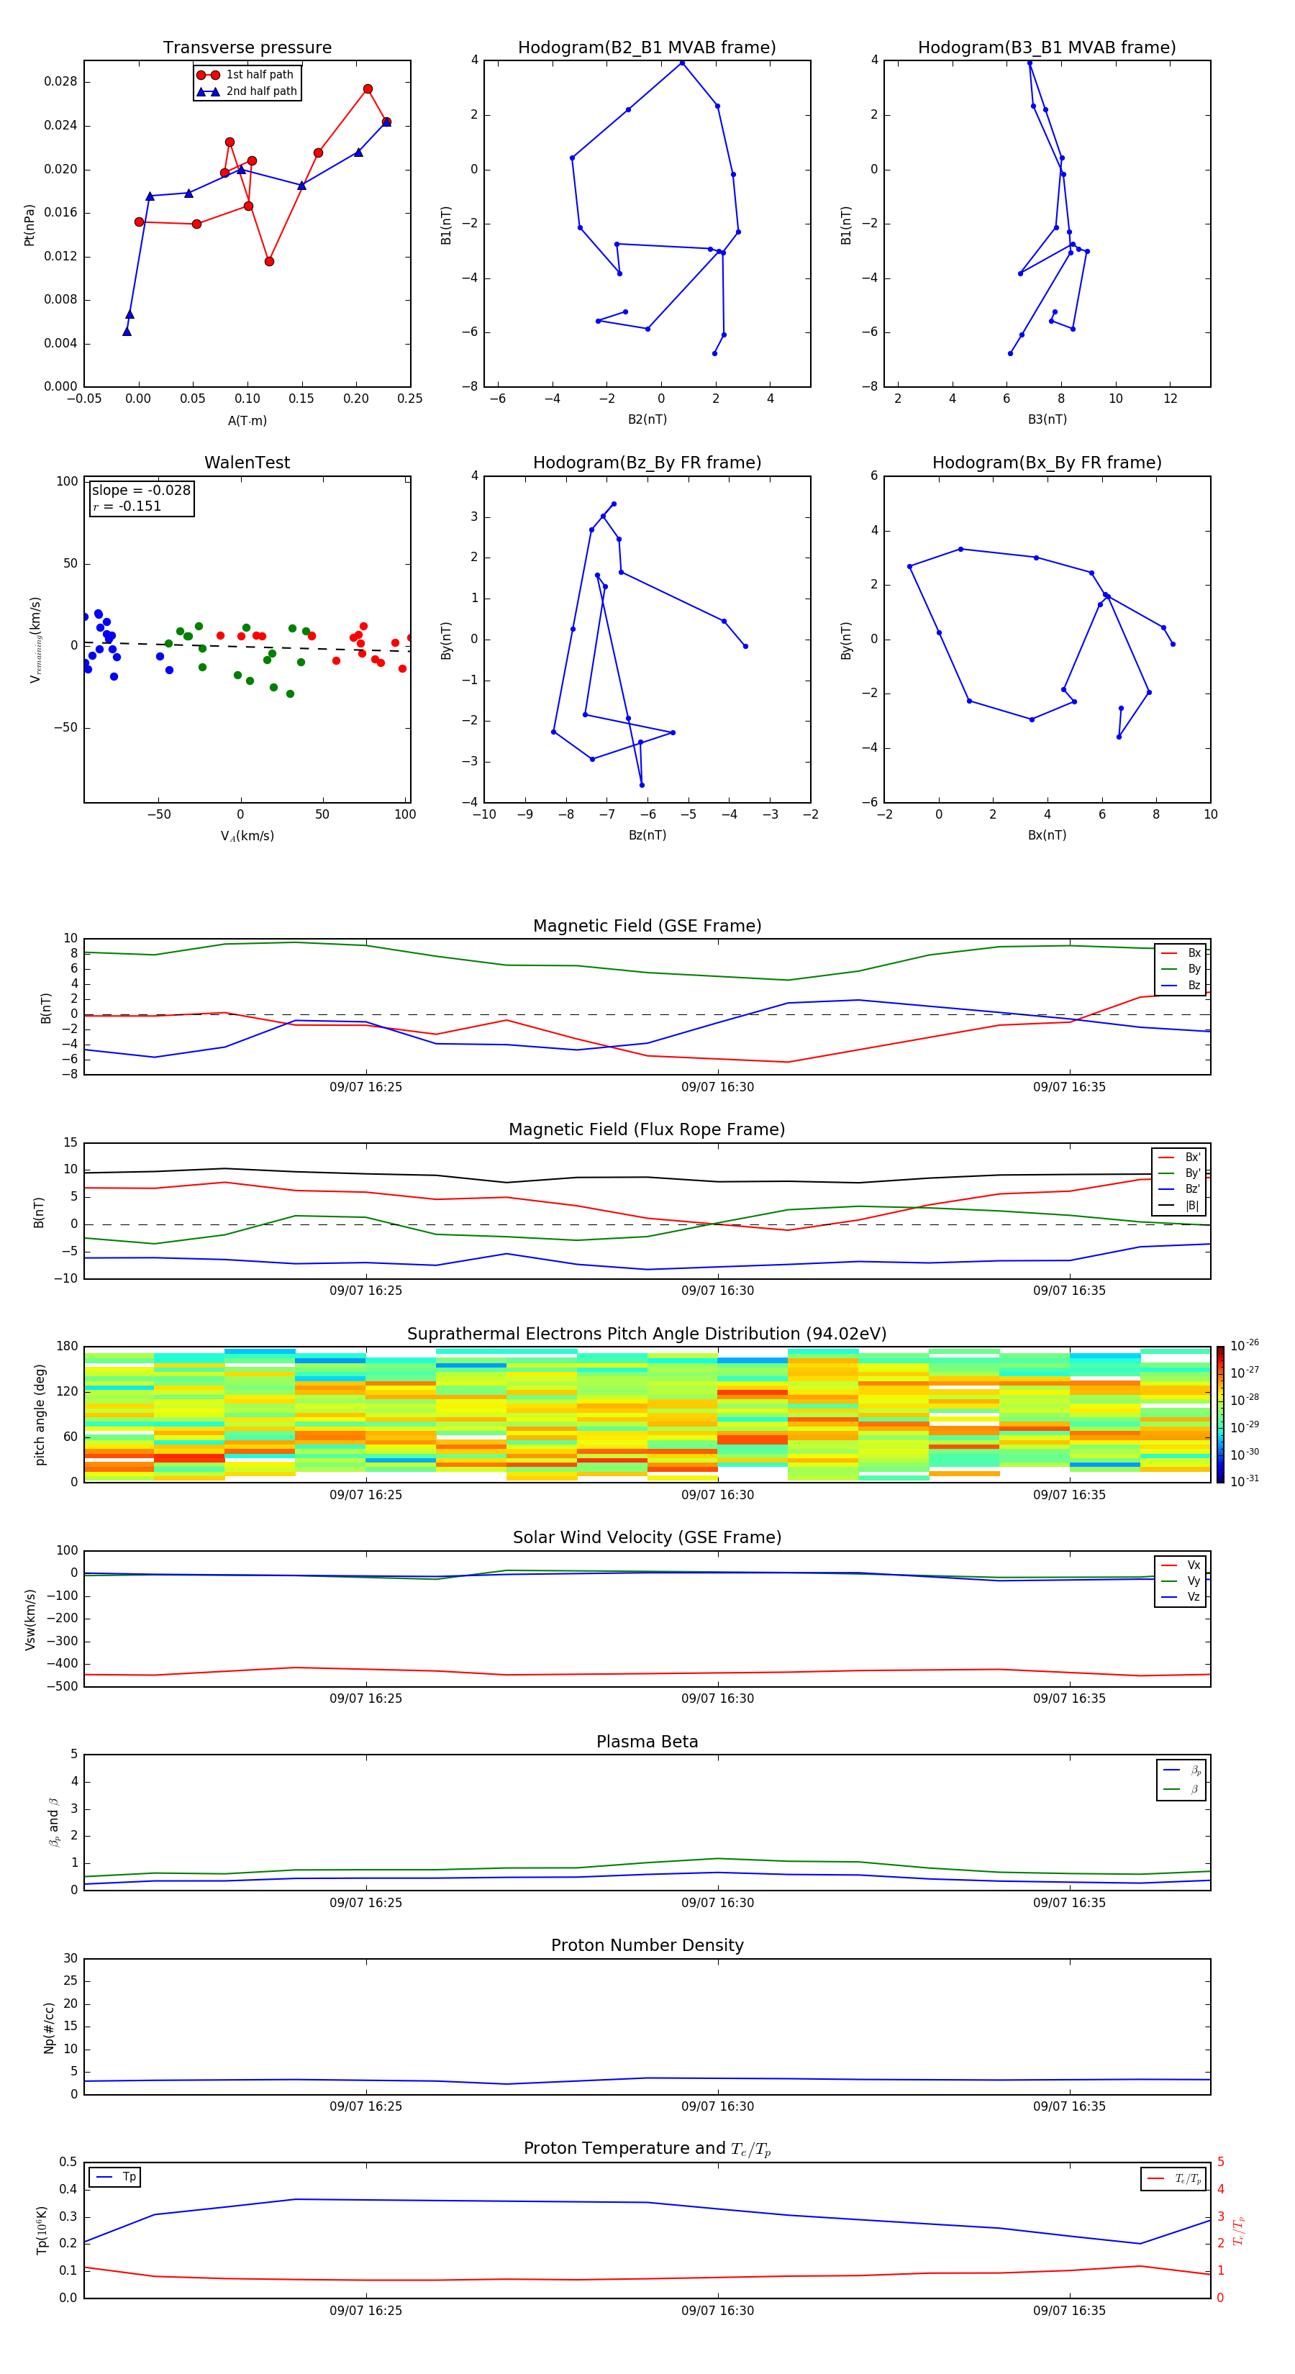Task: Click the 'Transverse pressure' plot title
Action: point(247,48)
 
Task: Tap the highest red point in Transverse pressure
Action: point(368,89)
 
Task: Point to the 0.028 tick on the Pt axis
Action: point(61,82)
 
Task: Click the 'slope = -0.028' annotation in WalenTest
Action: point(141,491)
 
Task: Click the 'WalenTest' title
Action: point(247,463)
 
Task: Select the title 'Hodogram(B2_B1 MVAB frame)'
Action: point(647,48)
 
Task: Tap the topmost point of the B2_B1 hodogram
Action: point(682,63)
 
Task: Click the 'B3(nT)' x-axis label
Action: point(1047,419)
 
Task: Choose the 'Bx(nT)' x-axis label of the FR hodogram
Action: point(1047,835)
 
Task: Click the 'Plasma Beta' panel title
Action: point(647,1742)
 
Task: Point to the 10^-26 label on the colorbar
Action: point(1245,1345)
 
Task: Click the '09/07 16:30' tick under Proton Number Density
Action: point(717,2106)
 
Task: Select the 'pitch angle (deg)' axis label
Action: point(40,1414)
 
